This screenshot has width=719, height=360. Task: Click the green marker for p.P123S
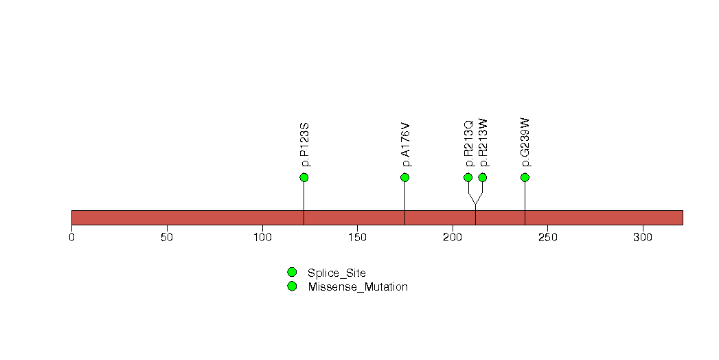[304, 177]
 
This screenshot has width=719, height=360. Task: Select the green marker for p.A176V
[404, 177]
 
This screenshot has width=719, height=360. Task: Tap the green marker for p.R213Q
[468, 177]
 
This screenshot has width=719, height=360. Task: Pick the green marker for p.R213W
[482, 177]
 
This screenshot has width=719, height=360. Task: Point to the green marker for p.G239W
[525, 177]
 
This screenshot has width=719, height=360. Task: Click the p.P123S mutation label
[305, 144]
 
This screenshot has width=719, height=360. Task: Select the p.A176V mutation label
[406, 144]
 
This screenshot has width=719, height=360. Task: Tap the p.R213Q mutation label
[468, 144]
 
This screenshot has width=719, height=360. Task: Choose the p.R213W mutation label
[483, 143]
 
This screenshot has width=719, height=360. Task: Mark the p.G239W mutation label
[526, 142]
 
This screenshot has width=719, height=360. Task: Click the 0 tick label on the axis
[71, 238]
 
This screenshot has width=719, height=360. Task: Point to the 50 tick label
[167, 238]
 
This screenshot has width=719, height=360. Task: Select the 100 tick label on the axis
[262, 238]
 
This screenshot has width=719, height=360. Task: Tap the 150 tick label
[357, 238]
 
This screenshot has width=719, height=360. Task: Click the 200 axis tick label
[453, 238]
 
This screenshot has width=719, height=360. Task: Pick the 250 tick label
[547, 238]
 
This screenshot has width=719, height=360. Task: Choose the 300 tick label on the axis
[643, 238]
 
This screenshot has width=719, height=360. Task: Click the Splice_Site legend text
[336, 273]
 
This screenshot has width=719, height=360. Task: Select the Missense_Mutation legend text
[358, 287]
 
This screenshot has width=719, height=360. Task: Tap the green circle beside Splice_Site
[292, 273]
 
